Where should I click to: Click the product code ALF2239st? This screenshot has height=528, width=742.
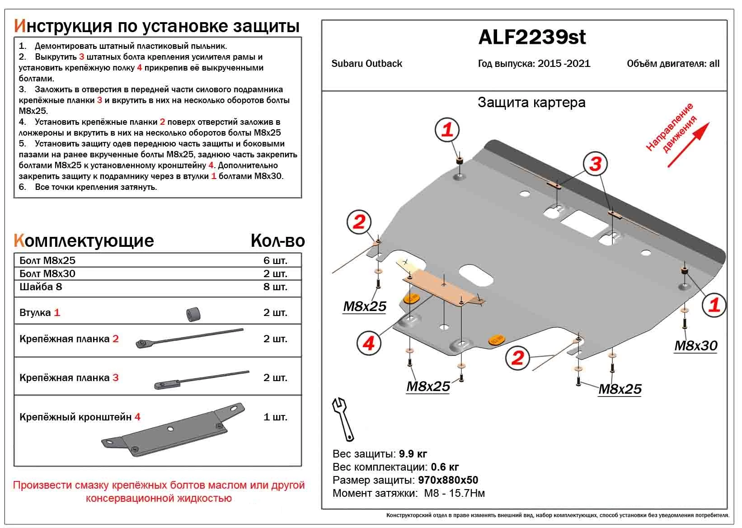(x=531, y=37)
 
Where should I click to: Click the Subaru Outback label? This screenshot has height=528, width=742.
(x=366, y=64)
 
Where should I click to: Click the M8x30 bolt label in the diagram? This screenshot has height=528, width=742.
(x=695, y=346)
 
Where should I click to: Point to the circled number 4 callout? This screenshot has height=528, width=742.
(x=368, y=344)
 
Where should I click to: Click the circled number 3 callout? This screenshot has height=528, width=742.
(x=595, y=164)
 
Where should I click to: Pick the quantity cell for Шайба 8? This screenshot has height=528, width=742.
(x=275, y=287)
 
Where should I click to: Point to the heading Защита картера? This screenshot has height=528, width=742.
(x=531, y=103)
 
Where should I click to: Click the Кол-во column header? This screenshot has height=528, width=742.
(x=277, y=241)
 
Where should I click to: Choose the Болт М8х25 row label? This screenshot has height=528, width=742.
(x=47, y=260)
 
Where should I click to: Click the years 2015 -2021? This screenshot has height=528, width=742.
(x=564, y=64)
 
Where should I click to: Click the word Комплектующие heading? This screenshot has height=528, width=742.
(x=84, y=240)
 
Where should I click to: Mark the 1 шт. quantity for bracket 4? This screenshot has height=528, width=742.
(x=275, y=417)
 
